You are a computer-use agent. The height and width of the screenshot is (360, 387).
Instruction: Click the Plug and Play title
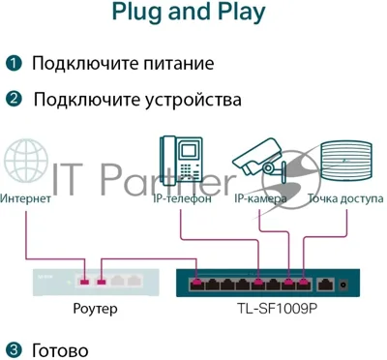click(x=189, y=13)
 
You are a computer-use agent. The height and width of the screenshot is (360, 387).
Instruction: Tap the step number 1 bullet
click(x=14, y=63)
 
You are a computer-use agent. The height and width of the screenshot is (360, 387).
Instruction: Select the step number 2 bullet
click(x=14, y=99)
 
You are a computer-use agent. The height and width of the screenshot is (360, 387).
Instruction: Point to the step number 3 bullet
click(x=14, y=349)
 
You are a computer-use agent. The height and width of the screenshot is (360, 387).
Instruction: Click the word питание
click(x=178, y=63)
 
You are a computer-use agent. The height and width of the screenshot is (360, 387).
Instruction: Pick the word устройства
click(x=193, y=100)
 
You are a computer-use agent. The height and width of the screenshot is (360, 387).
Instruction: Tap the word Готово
click(x=60, y=350)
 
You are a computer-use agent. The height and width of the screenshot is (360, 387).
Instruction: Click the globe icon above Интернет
click(x=26, y=161)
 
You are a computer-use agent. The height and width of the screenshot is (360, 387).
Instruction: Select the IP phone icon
click(x=182, y=161)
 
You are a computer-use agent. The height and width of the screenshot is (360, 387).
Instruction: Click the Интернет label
click(x=25, y=198)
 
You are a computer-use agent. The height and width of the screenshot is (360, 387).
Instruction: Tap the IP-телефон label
click(x=182, y=198)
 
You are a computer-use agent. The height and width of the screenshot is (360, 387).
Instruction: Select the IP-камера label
click(x=260, y=199)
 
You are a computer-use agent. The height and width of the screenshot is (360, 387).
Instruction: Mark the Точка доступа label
click(x=345, y=198)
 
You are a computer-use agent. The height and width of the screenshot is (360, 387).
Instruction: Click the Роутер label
click(x=95, y=309)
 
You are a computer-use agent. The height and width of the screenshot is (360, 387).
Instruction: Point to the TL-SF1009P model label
click(x=278, y=308)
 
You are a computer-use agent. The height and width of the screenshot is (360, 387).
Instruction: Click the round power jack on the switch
click(x=343, y=285)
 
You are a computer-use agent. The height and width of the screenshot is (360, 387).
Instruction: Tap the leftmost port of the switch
click(x=196, y=284)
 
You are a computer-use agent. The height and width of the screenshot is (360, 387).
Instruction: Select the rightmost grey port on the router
click(x=134, y=281)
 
